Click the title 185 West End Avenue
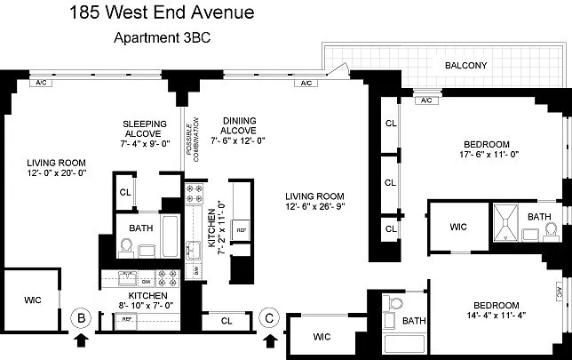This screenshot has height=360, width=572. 160,12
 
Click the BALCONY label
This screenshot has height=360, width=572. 466,66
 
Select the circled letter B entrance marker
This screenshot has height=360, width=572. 81,316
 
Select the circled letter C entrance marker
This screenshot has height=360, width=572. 270,316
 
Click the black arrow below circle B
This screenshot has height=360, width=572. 81,339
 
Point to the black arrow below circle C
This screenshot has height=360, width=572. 270,339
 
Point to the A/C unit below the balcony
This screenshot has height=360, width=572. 426,100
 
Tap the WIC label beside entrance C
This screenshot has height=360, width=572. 321,337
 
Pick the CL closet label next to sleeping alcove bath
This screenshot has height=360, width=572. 126,191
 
